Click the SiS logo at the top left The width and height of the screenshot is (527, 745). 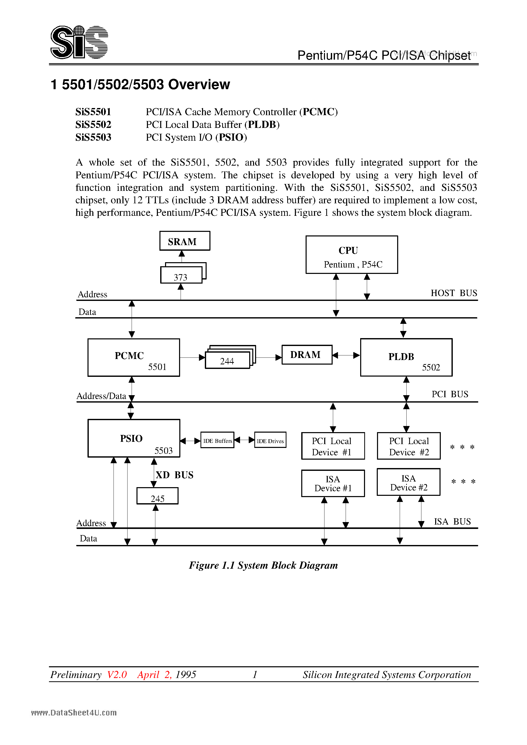(79, 42)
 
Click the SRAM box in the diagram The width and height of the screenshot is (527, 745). (184, 241)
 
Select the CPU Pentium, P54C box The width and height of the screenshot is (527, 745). (352, 255)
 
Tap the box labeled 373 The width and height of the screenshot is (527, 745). (181, 276)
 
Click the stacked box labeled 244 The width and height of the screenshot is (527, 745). (228, 361)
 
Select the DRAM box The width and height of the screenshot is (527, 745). (307, 355)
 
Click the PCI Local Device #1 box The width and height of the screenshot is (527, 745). (333, 446)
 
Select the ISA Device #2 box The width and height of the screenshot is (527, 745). (408, 483)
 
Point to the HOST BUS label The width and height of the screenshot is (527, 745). (454, 293)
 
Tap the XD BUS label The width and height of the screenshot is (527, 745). (174, 475)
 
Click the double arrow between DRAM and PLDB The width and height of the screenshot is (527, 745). (346, 355)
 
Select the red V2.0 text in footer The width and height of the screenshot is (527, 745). (117, 675)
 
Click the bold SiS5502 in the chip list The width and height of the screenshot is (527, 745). (93, 125)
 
